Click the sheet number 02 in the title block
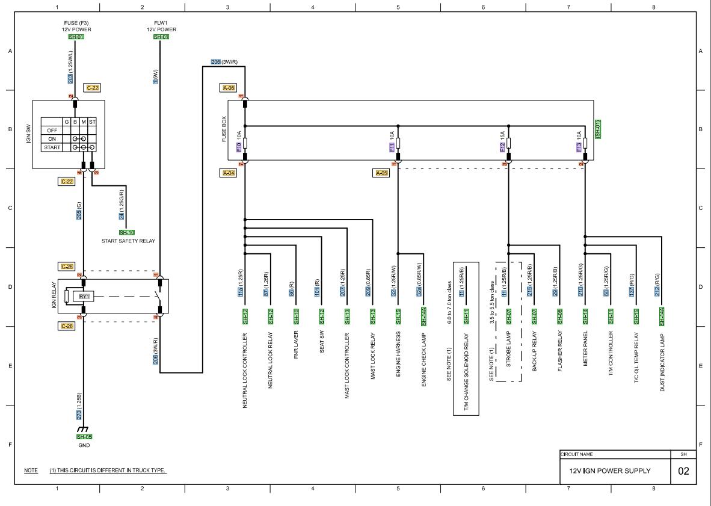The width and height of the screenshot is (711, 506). tap(683, 471)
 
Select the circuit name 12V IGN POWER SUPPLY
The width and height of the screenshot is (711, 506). tap(605, 471)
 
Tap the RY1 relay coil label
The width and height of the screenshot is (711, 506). tap(84, 296)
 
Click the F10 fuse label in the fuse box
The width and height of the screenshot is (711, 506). tap(239, 146)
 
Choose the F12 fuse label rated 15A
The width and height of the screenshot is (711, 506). tap(503, 146)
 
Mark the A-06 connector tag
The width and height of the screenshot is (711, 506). tap(228, 88)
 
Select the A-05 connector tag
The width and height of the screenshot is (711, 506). tap(382, 173)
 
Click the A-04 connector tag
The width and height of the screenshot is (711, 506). tap(228, 173)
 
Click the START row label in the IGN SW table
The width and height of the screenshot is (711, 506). tap(51, 147)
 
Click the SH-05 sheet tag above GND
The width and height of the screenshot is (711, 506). tap(84, 437)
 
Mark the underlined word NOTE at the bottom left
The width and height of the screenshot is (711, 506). tap(30, 470)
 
